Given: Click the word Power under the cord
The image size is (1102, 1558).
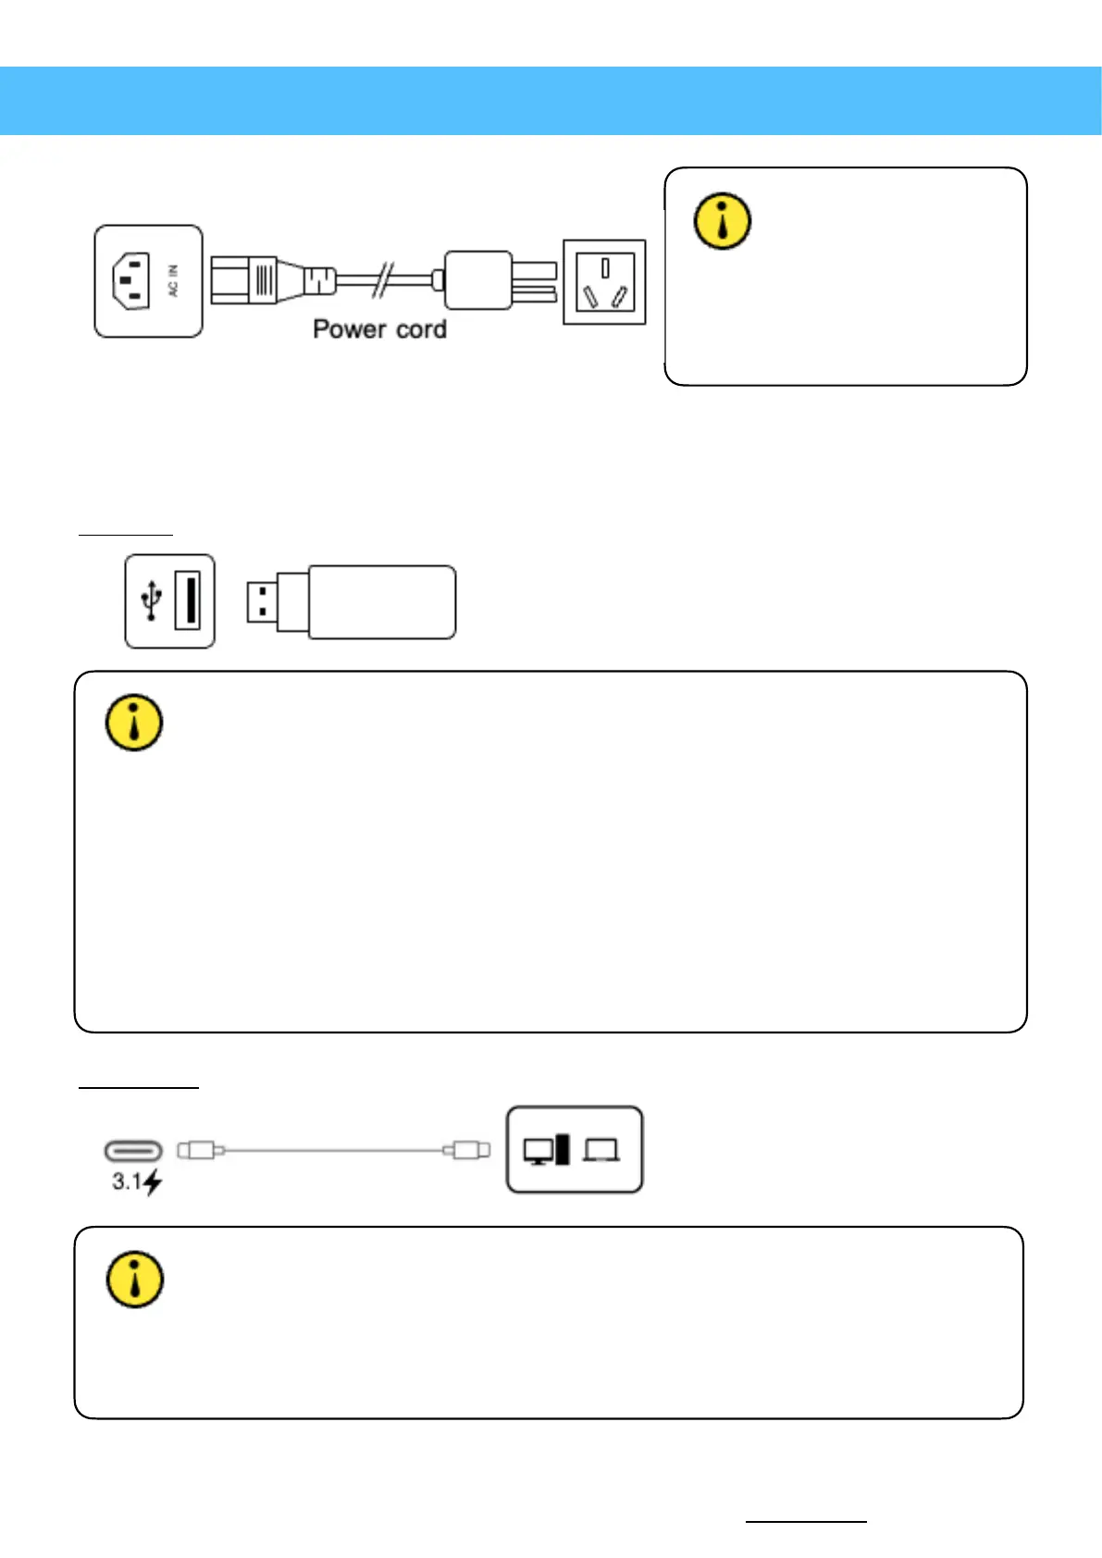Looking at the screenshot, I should (350, 329).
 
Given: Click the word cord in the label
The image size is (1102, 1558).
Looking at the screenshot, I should (421, 329).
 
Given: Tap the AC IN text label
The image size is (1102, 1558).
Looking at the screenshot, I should (173, 281).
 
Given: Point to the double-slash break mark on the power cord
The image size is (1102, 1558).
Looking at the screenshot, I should (382, 279).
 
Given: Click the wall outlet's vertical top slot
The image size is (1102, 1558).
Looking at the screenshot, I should (605, 268).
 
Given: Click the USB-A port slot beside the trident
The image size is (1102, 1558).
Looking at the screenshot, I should (187, 601).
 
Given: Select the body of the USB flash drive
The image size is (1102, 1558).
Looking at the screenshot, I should (381, 602).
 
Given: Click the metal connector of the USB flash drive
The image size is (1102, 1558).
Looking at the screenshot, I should (264, 601).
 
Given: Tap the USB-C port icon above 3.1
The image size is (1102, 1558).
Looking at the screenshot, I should (133, 1151).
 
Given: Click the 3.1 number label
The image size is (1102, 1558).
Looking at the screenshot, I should (127, 1181).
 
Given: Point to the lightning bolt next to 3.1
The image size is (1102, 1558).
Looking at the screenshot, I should (153, 1182).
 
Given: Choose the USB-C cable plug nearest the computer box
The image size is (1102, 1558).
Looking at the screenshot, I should (467, 1150).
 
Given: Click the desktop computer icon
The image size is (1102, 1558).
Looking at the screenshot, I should (546, 1150).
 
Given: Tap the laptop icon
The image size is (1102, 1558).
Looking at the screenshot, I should (602, 1151).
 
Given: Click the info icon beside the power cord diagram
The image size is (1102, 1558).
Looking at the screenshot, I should (723, 221).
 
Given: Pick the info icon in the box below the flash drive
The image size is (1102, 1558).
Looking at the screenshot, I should (135, 723).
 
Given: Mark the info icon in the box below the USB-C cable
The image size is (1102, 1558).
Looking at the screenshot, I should (135, 1280).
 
